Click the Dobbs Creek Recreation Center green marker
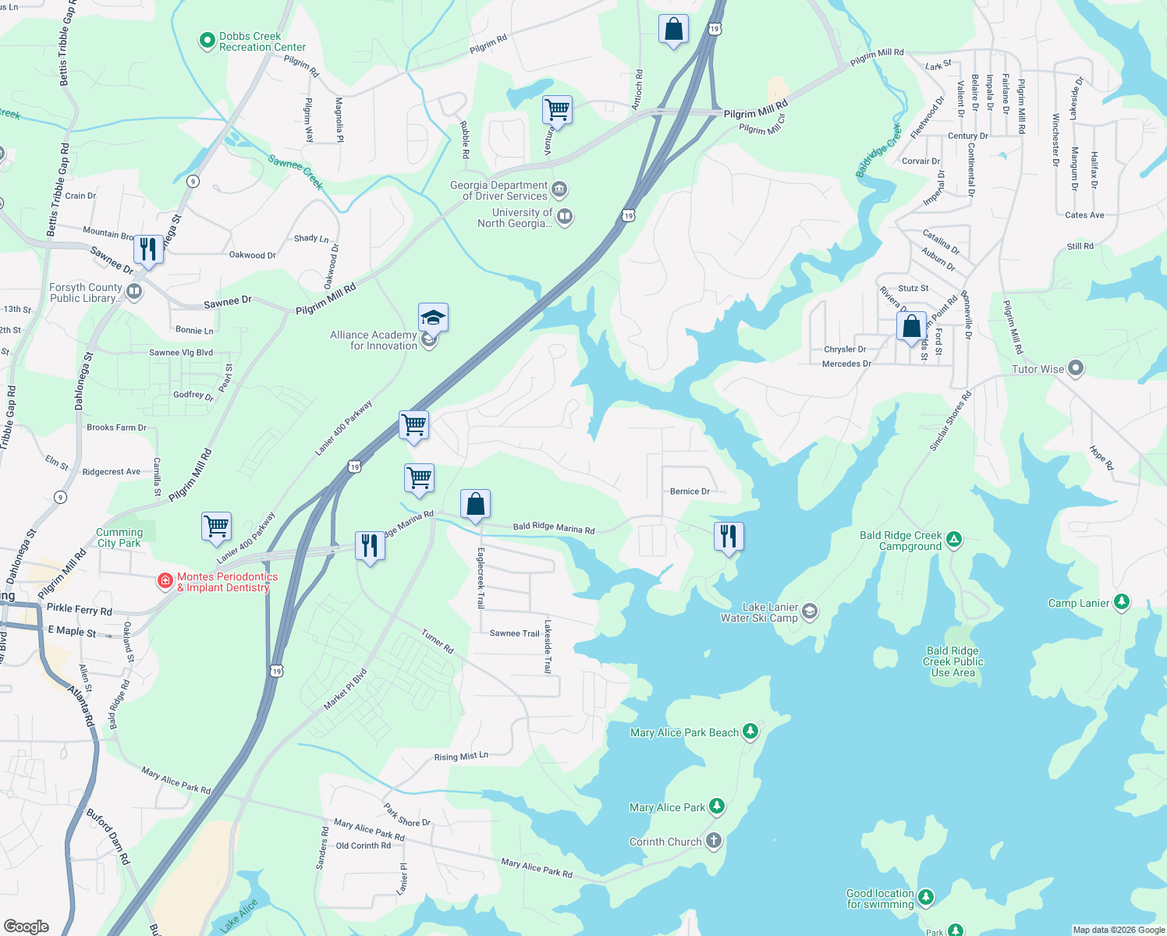point(207,41)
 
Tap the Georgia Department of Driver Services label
point(499,191)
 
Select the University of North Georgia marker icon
point(566,217)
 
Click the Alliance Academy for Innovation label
point(374,340)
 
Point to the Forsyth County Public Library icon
point(134,292)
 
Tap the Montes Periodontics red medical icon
point(165,580)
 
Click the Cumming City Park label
point(119,537)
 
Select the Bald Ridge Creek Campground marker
point(953,539)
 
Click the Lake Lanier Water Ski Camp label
point(759,612)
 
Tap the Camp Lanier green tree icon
point(1121,601)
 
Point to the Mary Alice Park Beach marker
point(750,731)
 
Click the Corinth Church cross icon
point(713,841)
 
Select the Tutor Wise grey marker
point(1076,368)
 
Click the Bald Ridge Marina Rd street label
point(554,528)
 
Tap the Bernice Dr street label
point(690,491)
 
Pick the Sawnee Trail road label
point(514,633)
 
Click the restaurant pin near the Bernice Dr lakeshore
point(728,537)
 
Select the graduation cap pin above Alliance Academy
point(433,317)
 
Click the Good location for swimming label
point(880,899)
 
